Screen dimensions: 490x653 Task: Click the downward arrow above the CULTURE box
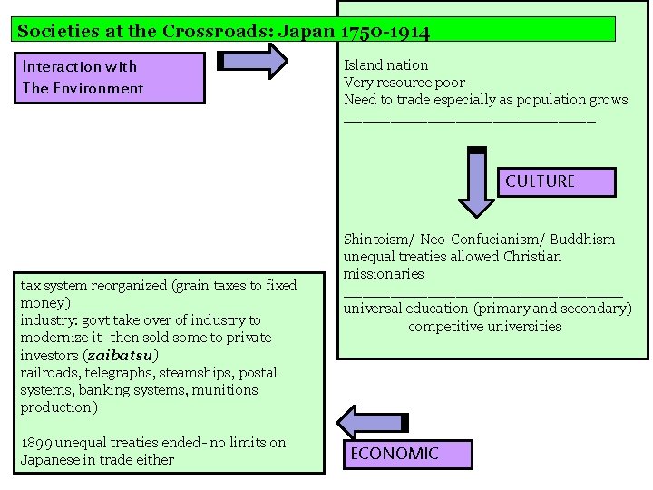point(476,182)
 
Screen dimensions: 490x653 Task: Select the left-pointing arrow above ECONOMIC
point(373,421)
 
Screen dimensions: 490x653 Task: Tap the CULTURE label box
point(541,181)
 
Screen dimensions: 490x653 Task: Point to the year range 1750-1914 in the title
point(385,31)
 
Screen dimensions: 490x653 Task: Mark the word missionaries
point(384,274)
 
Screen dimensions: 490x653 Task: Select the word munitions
point(228,390)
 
